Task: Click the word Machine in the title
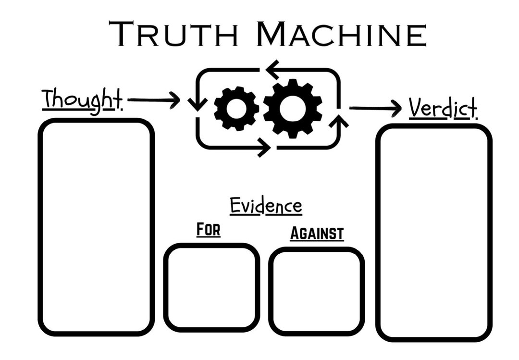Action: click(x=341, y=35)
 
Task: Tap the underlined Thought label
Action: click(x=82, y=99)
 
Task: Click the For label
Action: click(x=208, y=230)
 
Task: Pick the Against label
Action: click(x=317, y=233)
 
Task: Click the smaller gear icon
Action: click(x=236, y=109)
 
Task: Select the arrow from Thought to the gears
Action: click(x=154, y=100)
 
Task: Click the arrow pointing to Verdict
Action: click(x=375, y=108)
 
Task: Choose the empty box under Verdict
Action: click(x=434, y=233)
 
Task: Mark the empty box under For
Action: click(x=211, y=287)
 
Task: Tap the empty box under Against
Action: click(x=316, y=291)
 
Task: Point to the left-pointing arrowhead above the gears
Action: click(x=273, y=69)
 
